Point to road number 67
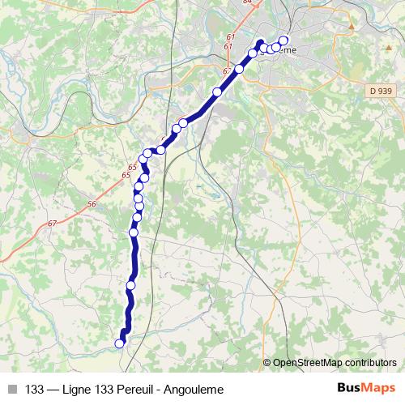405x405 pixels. pyautogui.click(x=53, y=224)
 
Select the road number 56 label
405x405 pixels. pyautogui.click(x=92, y=203)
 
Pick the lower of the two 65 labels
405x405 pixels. pyautogui.click(x=126, y=175)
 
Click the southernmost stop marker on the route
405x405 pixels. pyautogui.click(x=120, y=343)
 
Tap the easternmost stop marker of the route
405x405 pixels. pyautogui.click(x=283, y=41)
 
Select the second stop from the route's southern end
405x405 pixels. pyautogui.click(x=131, y=285)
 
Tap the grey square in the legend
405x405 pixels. pyautogui.click(x=11, y=388)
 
